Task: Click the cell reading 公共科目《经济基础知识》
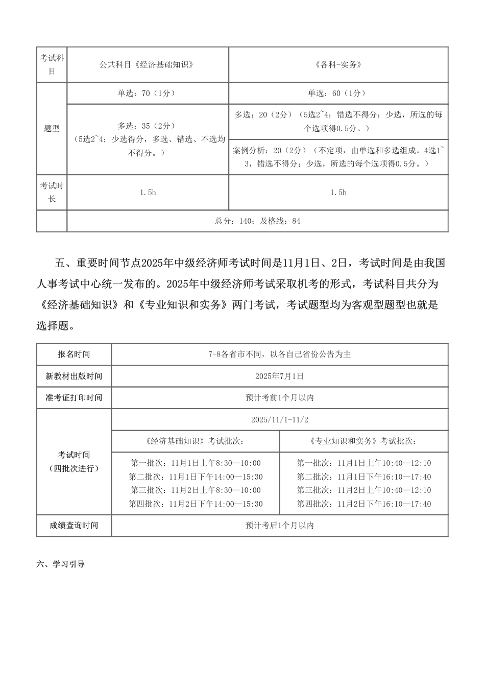point(148,65)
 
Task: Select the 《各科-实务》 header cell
point(338,65)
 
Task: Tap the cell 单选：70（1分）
point(148,93)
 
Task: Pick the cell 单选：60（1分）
point(338,93)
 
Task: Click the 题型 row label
point(52,129)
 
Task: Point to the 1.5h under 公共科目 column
point(148,193)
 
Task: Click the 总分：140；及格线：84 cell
point(258,221)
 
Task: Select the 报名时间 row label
point(74,354)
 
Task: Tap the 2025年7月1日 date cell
point(280,376)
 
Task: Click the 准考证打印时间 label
point(74,398)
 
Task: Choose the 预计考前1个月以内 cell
point(280,398)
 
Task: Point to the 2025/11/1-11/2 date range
point(280,420)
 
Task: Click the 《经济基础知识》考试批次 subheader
point(195,441)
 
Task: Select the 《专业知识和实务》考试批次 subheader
point(364,441)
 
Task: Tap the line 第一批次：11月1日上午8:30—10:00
point(196,463)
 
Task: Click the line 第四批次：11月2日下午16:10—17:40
point(364,504)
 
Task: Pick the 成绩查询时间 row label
point(74,526)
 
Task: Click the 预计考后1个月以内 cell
point(280,526)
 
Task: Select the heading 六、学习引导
point(61,565)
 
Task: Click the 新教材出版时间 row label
point(74,376)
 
